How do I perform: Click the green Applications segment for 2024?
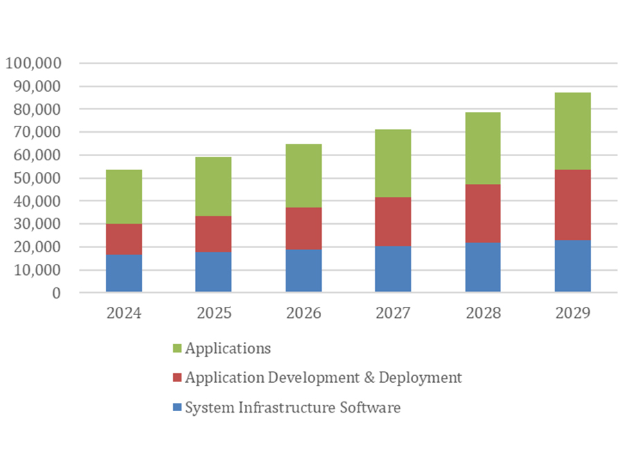[124, 196]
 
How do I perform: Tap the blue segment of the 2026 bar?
[303, 270]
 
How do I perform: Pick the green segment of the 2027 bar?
[393, 163]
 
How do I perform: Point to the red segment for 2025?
[213, 234]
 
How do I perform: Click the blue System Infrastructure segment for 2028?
[483, 267]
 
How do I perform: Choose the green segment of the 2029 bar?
[572, 131]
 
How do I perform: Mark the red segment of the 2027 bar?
[393, 221]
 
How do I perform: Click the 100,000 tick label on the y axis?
[34, 64]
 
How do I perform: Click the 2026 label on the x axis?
[303, 313]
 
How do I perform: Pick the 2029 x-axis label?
[572, 313]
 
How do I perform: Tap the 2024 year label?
[124, 313]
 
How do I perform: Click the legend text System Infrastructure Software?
[293, 408]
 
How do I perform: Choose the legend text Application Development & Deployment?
[323, 378]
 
